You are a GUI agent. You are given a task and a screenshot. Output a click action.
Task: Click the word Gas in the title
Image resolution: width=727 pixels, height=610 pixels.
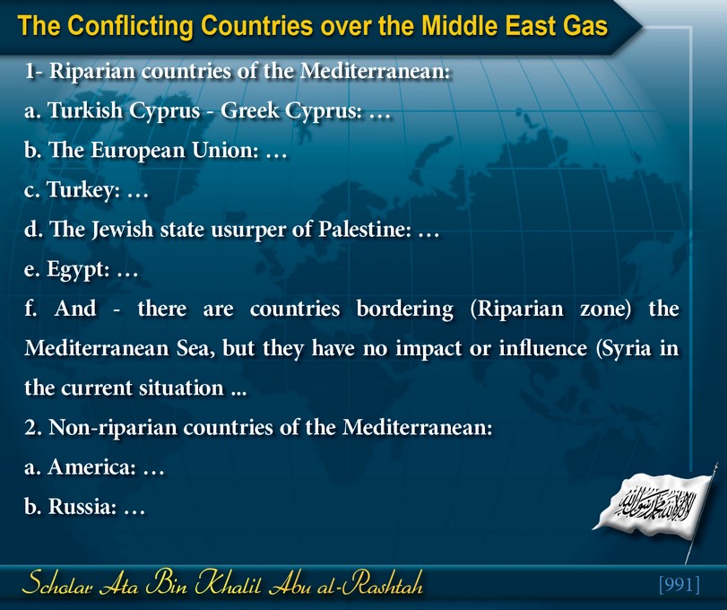(585, 25)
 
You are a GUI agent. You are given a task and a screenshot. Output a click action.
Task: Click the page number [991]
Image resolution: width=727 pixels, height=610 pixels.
(679, 584)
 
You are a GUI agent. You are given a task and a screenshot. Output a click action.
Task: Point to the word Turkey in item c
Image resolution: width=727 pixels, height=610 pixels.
(81, 190)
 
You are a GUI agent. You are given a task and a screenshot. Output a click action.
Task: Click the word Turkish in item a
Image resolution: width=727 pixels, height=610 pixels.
(85, 110)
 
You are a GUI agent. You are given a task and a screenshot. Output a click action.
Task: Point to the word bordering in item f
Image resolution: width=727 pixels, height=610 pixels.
(405, 309)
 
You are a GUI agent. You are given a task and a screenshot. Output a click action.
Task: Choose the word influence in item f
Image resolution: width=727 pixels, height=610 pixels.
(542, 348)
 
